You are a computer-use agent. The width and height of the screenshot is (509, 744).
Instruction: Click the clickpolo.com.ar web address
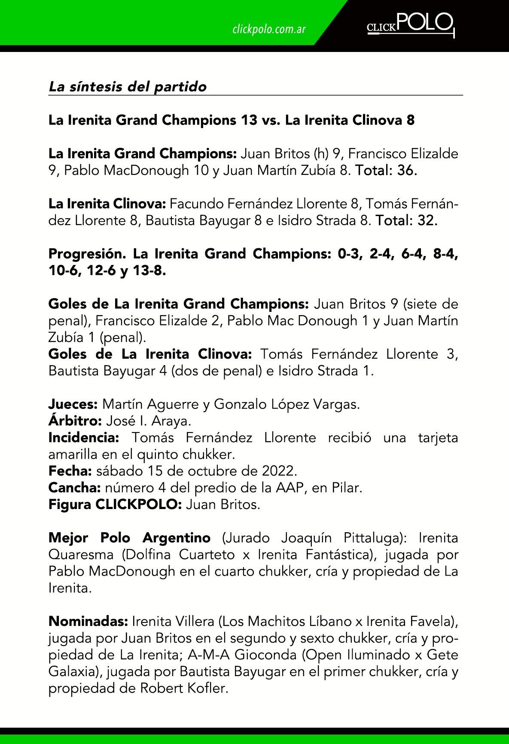[x=268, y=29]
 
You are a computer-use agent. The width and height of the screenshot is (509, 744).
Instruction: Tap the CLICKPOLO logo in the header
[x=410, y=25]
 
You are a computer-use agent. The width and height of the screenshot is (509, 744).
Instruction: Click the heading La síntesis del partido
[x=128, y=87]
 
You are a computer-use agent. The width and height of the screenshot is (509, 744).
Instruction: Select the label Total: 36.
[x=386, y=171]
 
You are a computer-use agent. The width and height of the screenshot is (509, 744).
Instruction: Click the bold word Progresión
[x=87, y=254]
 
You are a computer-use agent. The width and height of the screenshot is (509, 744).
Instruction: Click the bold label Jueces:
[x=73, y=404]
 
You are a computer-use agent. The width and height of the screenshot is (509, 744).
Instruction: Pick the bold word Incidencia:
[x=84, y=438]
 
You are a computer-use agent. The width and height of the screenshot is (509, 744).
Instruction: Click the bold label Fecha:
[x=70, y=471]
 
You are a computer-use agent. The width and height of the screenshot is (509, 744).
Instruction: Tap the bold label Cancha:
[x=74, y=488]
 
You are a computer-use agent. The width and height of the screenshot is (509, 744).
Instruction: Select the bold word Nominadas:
[x=88, y=621]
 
